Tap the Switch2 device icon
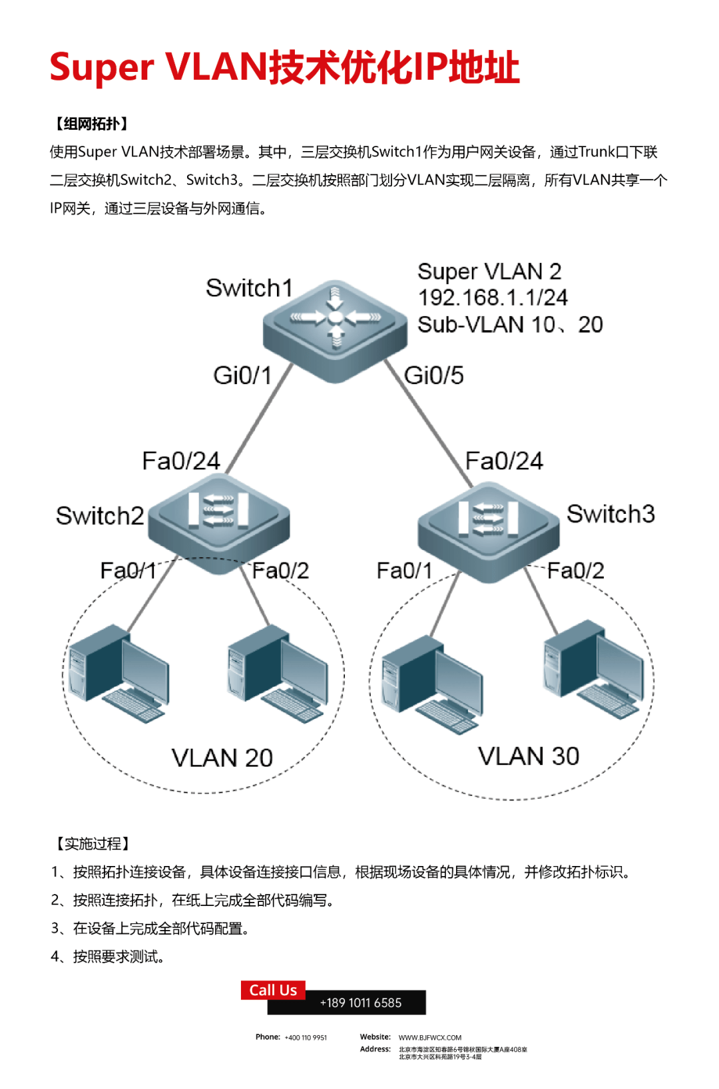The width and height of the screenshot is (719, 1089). point(218,523)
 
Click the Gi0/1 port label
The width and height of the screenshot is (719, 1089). point(242,375)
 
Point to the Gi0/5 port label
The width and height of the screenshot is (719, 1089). point(434,375)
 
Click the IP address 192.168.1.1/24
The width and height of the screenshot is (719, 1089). point(493,298)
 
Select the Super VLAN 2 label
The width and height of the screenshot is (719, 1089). point(489,271)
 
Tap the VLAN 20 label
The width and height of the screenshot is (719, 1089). point(222,758)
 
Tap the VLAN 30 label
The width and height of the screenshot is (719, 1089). point(529,756)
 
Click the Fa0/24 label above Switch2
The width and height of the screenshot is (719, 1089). point(181,461)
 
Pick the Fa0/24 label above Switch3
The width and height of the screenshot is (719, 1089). point(504,461)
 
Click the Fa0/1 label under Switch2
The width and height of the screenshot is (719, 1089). point(128,570)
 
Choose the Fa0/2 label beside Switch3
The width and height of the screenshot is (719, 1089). point(576,570)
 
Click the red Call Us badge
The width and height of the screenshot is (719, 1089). point(273,990)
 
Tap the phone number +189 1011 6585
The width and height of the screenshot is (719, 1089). point(361,1003)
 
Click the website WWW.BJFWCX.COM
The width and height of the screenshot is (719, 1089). point(430,1037)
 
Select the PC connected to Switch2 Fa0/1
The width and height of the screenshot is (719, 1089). point(119,672)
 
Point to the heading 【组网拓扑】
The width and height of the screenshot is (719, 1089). point(91,124)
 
